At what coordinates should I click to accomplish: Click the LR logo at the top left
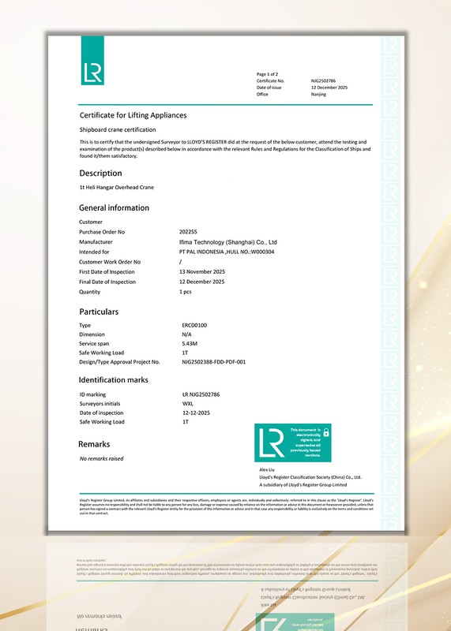pos(92,72)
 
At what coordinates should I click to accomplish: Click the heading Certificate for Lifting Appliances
pos(133,115)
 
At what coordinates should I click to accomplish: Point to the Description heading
pos(100,174)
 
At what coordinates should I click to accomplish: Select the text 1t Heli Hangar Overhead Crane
pos(116,188)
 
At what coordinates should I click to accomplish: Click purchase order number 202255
pos(188,232)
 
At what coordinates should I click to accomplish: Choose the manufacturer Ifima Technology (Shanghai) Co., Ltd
pos(228,241)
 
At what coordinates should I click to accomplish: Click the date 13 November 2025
pos(202,271)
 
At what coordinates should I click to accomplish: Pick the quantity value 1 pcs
pos(186,291)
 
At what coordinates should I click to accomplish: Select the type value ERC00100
pos(194,325)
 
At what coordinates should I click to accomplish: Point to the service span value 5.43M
pos(190,343)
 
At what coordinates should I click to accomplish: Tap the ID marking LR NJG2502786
pos(201,394)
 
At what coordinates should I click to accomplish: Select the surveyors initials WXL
pos(188,403)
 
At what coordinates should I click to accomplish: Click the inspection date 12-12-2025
pos(197,413)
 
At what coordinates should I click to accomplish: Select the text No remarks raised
pos(101,458)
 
